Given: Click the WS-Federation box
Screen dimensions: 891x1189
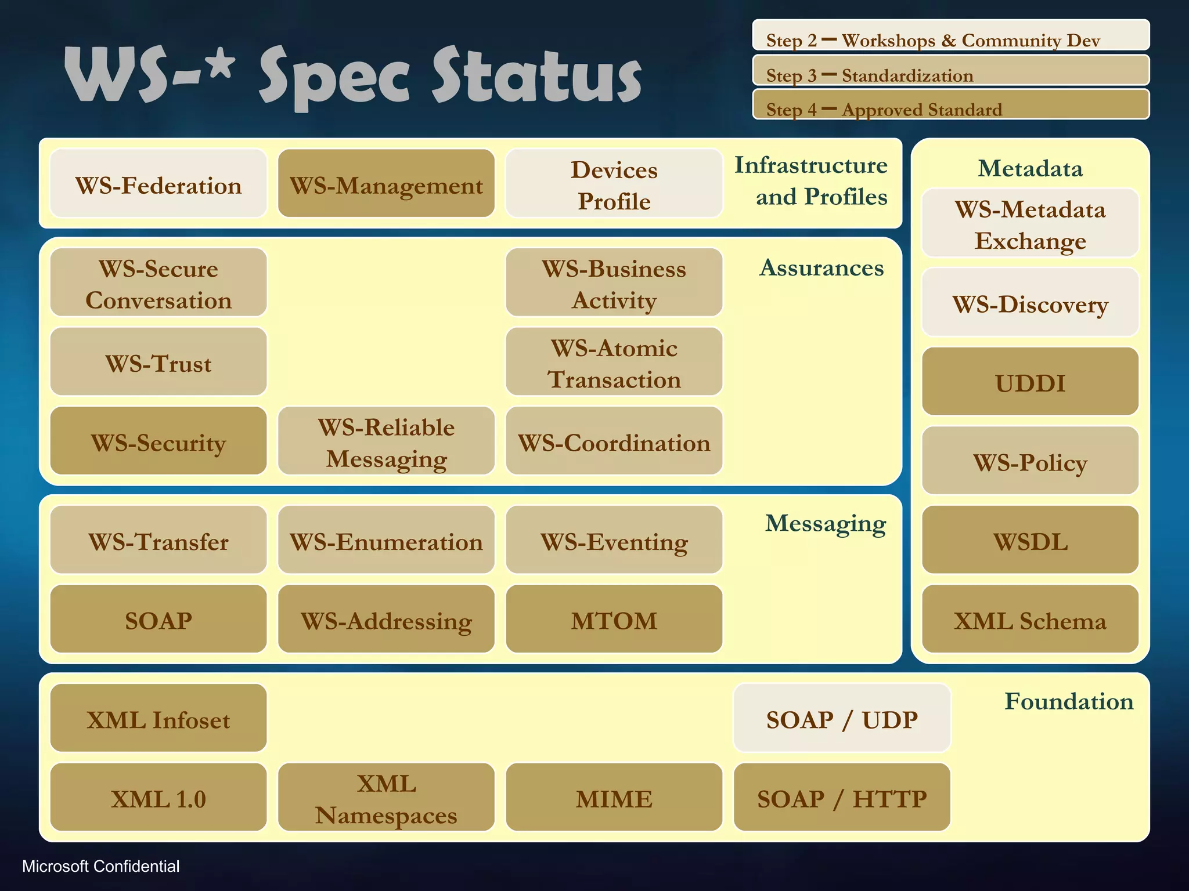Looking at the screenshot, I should coord(158,184).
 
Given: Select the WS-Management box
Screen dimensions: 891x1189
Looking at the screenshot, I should coord(386,184).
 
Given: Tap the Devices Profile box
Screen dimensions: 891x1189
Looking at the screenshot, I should coord(614,184).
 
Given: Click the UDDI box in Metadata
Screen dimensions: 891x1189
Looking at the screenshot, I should coord(1030,382).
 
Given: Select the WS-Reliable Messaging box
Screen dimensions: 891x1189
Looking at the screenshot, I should coord(386,441).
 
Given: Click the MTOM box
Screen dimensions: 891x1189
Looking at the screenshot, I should coord(614,620).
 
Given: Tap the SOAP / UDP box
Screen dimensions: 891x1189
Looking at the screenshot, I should coord(841,718).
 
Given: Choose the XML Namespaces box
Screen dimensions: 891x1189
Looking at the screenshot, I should coord(386,798).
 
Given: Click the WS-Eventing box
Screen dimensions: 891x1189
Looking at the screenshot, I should coord(614,540).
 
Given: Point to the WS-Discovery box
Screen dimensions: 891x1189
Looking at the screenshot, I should coord(1030,303).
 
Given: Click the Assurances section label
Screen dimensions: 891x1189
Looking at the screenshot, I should coord(821,268).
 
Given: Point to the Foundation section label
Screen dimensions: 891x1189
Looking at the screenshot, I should coord(1068,701).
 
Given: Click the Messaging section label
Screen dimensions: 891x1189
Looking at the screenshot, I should coord(825,523).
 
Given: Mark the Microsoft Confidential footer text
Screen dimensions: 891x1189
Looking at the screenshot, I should coord(100,866).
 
